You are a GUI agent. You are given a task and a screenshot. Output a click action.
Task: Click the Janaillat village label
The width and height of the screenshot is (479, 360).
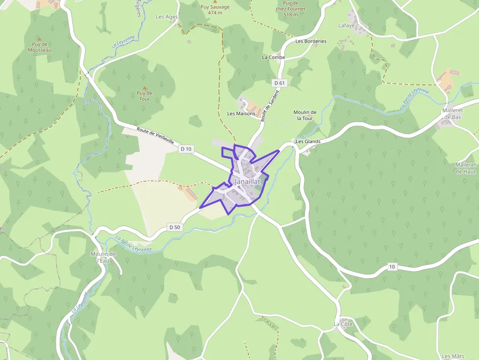tap(248, 181)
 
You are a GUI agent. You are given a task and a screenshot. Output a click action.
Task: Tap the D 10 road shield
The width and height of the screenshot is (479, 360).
tap(186, 148)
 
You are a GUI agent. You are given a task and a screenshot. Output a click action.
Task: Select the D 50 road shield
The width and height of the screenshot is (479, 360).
tap(174, 227)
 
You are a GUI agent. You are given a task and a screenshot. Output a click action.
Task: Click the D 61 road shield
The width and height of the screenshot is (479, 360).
tap(280, 83)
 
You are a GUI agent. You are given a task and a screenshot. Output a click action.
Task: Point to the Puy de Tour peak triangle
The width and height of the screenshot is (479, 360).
tap(145, 88)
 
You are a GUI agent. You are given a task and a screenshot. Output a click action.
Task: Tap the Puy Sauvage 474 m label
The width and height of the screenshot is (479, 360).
tap(215, 10)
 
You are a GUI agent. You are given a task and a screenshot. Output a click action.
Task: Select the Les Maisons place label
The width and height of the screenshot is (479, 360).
tap(241, 114)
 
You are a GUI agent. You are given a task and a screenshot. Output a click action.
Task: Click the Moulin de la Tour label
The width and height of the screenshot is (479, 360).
tap(305, 115)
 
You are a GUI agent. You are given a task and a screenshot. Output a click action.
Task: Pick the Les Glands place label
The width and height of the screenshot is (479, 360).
tap(308, 142)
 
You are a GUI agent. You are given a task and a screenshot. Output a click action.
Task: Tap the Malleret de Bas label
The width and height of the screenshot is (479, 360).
tap(452, 114)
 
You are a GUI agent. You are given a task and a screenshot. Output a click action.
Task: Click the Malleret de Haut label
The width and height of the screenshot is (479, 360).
tap(465, 168)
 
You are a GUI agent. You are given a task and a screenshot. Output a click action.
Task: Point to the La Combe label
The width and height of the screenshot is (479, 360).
tap(273, 57)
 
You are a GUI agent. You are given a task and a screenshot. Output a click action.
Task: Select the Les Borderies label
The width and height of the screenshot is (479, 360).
tap(311, 42)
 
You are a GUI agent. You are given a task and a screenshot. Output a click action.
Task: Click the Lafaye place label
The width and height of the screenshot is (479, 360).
tap(347, 25)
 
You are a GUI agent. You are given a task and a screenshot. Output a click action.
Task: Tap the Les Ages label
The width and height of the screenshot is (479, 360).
tap(167, 17)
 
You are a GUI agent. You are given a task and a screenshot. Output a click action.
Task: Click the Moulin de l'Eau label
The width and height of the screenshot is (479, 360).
tap(103, 257)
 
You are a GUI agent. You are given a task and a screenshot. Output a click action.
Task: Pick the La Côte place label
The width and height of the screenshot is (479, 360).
tap(343, 324)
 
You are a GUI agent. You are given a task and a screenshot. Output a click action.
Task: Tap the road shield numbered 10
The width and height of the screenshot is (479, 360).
tap(392, 266)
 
